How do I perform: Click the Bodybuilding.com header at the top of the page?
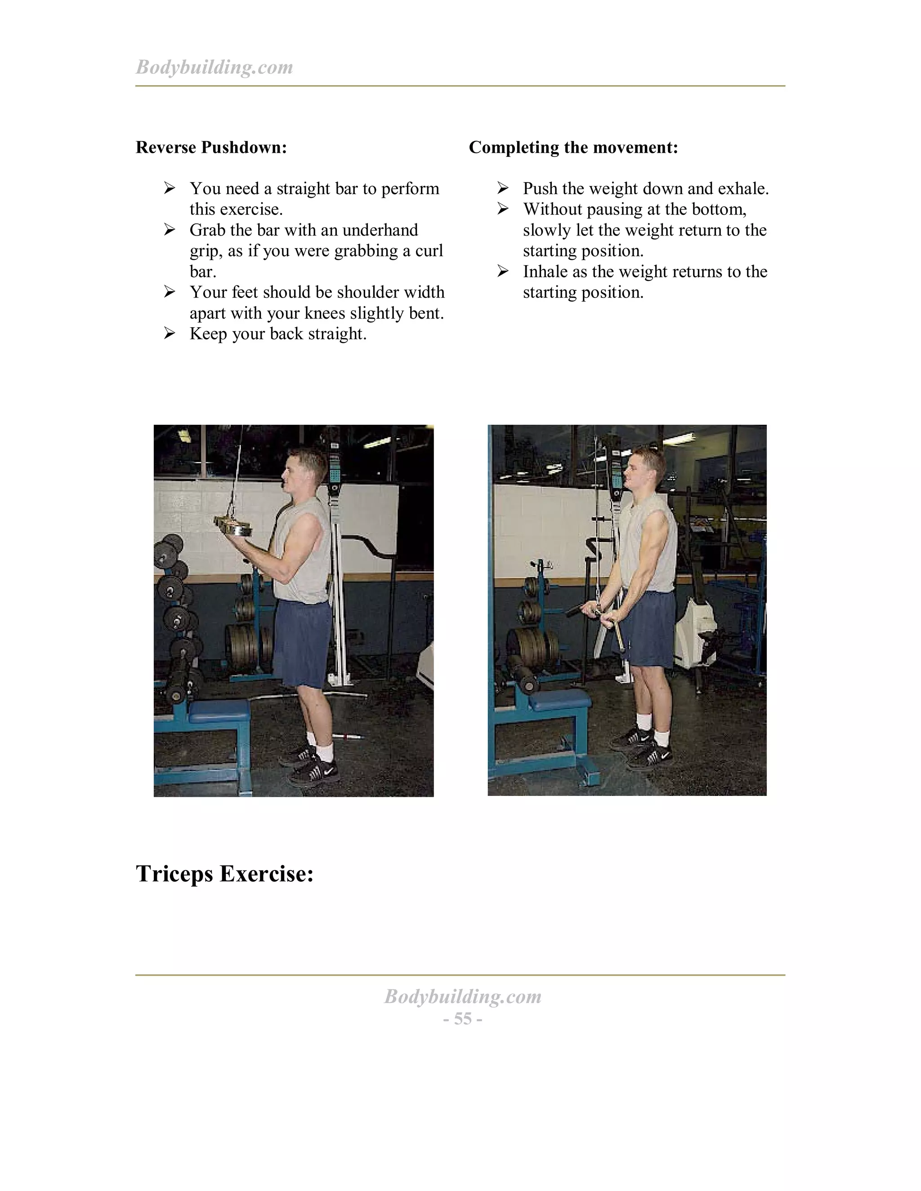(214, 67)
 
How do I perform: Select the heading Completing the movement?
(573, 147)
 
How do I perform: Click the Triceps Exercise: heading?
(224, 874)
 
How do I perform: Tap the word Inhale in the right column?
(545, 271)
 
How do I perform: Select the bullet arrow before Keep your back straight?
(170, 333)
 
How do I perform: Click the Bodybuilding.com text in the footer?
(463, 997)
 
